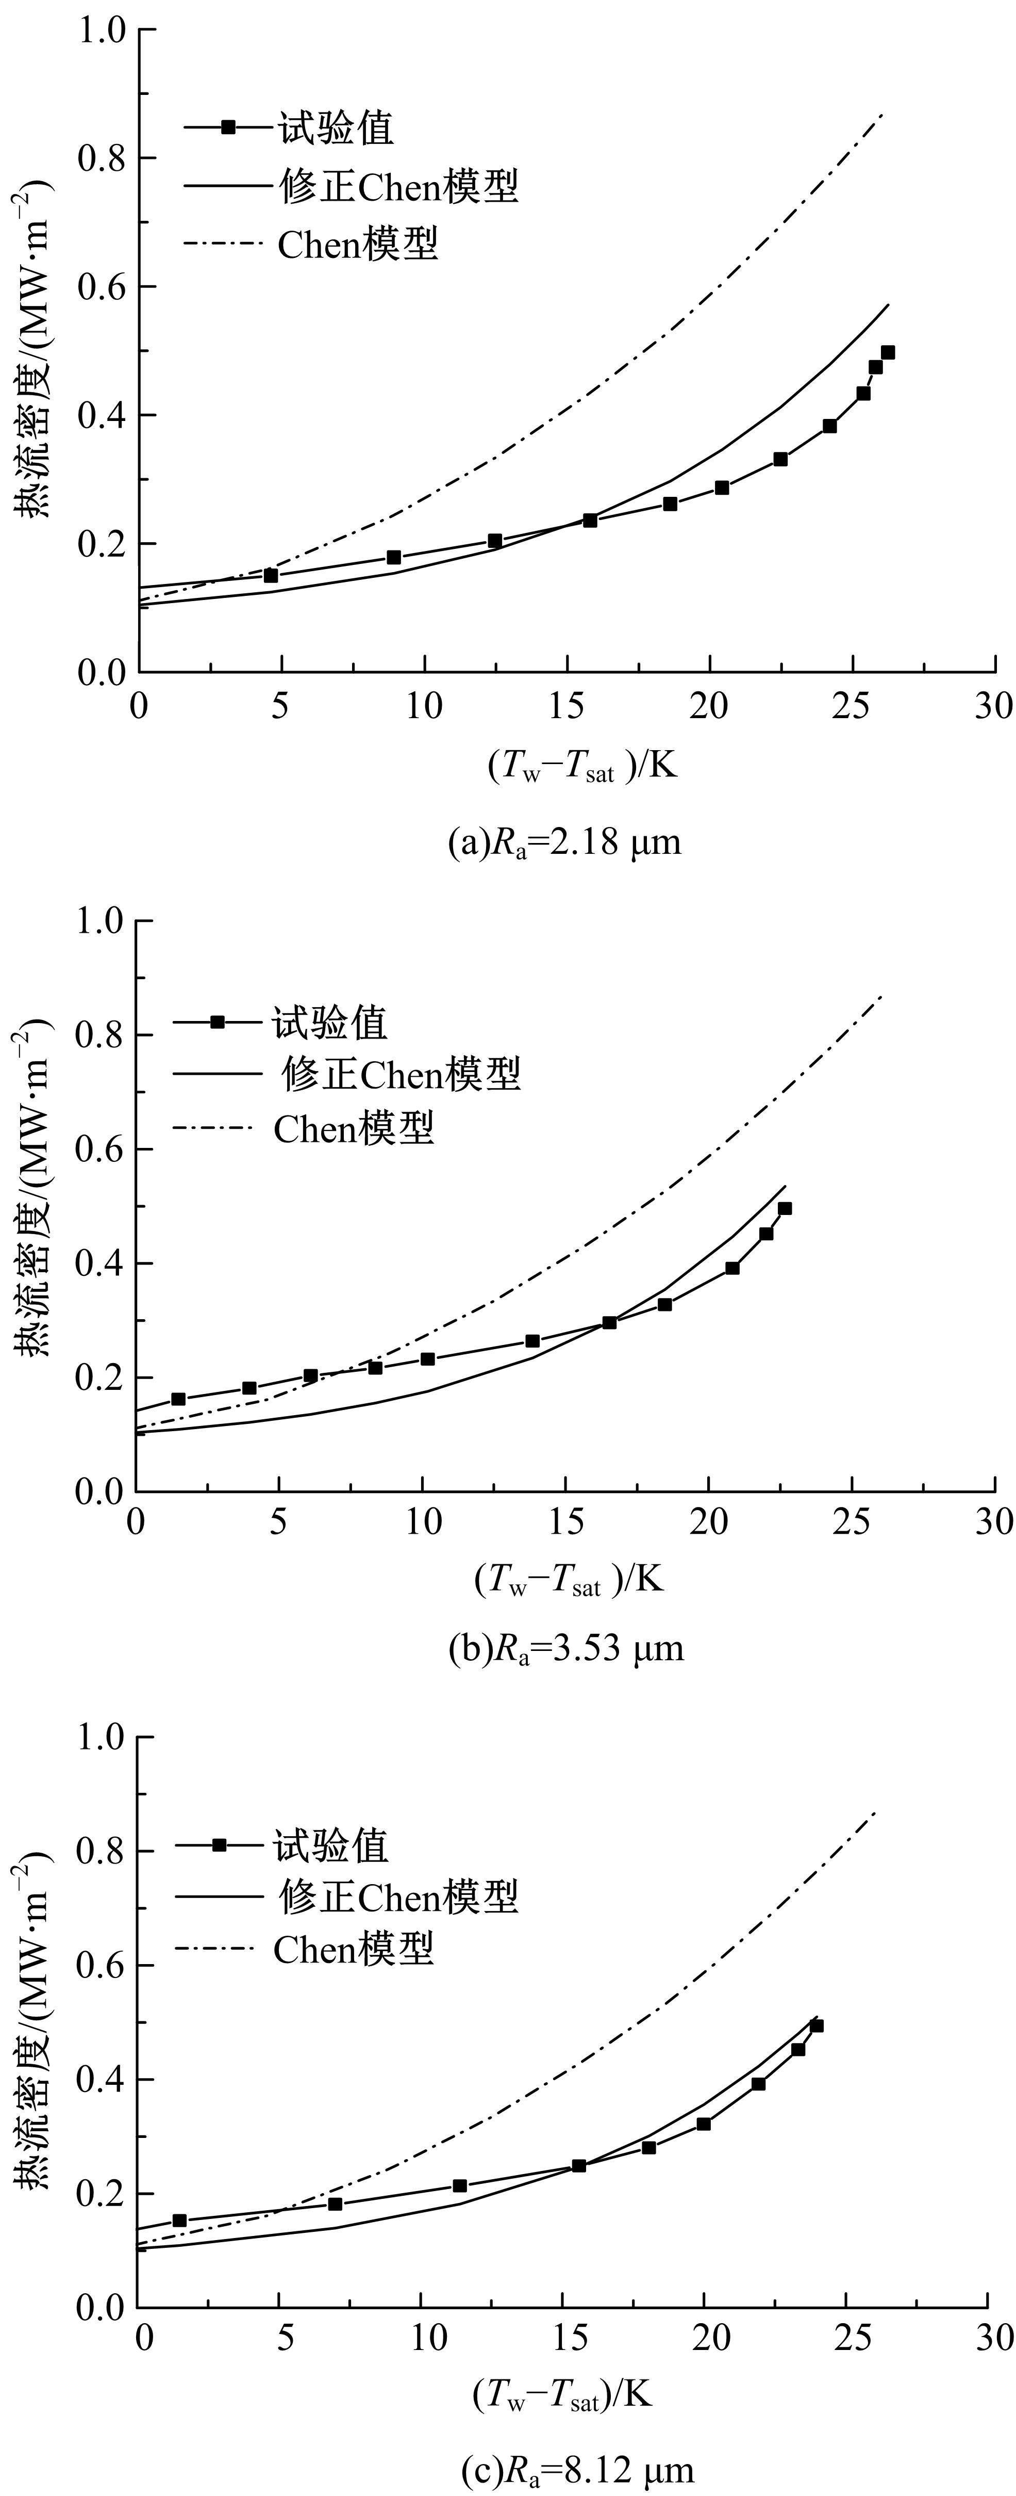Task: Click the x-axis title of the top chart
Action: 581,767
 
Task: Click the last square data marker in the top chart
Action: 887,353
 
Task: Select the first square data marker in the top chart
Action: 271,576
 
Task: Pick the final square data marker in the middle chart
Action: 785,1208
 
